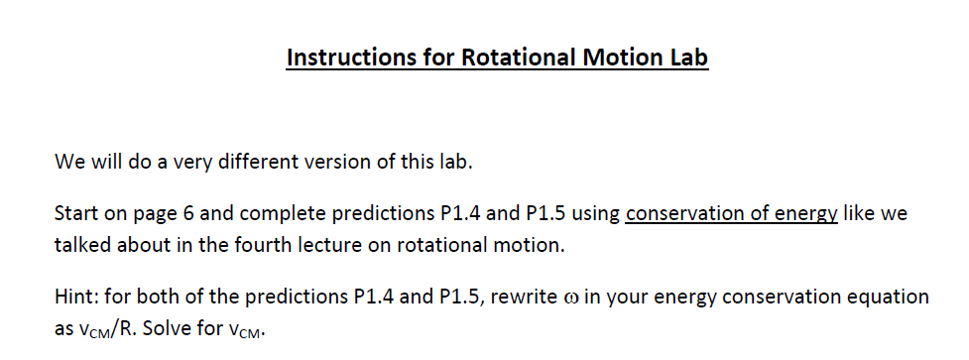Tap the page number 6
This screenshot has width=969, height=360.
point(195,213)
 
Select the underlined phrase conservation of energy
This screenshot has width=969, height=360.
point(732,213)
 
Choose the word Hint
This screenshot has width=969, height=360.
point(75,297)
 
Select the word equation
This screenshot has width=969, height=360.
point(892,297)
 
